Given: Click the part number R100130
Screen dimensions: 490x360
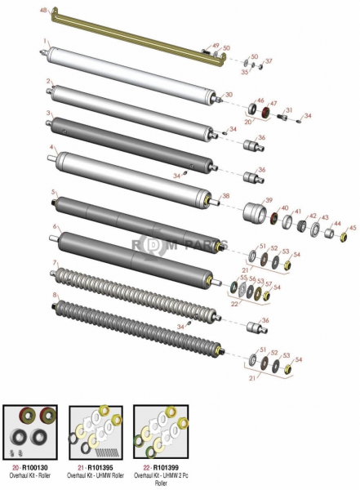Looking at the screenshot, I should [x=38, y=465].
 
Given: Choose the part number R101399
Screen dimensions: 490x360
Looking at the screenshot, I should [x=166, y=465].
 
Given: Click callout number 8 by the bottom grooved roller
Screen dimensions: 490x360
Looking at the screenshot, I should [x=55, y=295].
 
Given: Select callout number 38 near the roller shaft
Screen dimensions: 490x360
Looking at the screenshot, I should [x=226, y=196].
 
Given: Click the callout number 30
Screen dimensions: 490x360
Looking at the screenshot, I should [x=228, y=95].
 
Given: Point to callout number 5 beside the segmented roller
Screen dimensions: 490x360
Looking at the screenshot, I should [x=53, y=193].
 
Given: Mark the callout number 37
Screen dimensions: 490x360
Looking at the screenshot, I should [x=270, y=61].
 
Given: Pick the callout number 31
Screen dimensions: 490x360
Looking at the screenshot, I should [x=288, y=110].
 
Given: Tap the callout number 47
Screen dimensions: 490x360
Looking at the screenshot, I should [x=274, y=102].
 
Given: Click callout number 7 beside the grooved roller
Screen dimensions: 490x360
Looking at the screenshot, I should [x=55, y=263].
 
